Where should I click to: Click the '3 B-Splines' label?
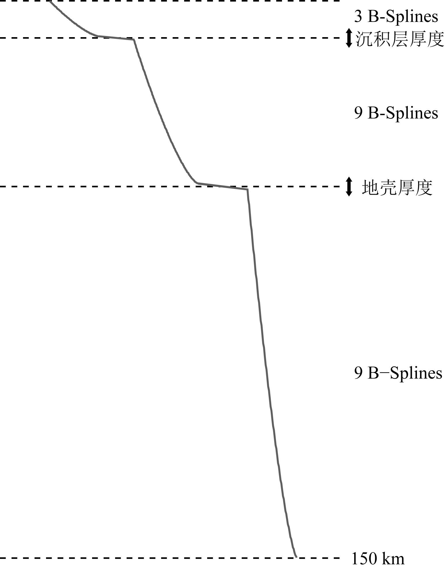tap(396, 17)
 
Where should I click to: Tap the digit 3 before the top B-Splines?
tap(358, 17)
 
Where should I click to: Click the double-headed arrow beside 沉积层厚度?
tap(349, 38)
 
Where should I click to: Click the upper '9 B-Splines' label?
tap(396, 113)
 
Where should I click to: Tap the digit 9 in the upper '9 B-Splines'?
tap(358, 113)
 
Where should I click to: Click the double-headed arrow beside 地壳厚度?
tap(349, 187)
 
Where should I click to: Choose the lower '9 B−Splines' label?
tap(398, 373)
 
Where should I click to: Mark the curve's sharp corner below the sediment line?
tap(134, 40)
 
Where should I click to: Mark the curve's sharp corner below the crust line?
tap(247, 189)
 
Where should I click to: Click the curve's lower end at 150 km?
tap(296, 557)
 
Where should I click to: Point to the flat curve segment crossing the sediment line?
tap(115, 38)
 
